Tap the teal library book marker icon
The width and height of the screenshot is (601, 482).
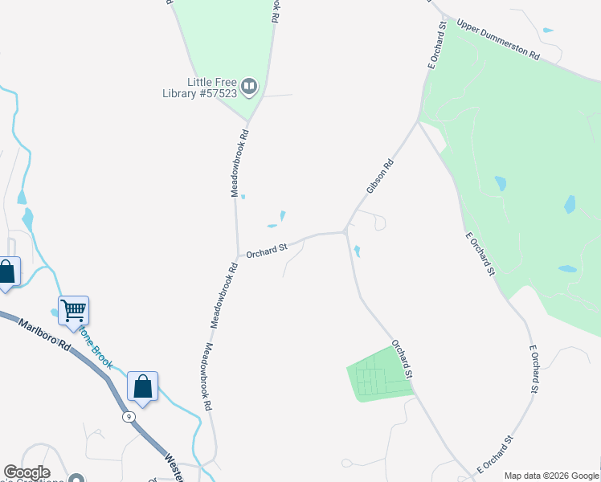point(249,85)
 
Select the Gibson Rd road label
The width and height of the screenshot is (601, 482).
point(380,176)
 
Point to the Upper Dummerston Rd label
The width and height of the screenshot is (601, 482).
point(498,39)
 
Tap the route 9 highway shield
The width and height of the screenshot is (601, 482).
point(128,417)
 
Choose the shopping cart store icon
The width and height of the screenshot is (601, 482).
point(73,309)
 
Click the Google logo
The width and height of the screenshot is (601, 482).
point(27,472)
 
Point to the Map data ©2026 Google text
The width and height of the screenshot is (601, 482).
point(550,476)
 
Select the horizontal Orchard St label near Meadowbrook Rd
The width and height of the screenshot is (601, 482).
point(267,251)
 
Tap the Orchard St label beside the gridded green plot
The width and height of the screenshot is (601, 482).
point(402,359)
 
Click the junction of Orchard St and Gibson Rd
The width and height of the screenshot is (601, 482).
point(345,232)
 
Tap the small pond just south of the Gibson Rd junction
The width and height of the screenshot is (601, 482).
point(357,251)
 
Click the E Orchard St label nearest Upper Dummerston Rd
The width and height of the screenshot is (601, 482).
point(437,50)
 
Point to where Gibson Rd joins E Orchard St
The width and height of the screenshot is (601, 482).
point(417,122)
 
